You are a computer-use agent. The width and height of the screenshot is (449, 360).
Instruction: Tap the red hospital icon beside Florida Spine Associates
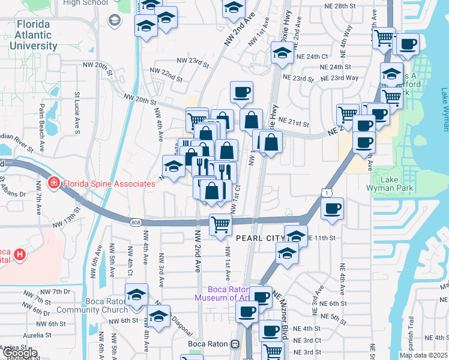coord(53,182)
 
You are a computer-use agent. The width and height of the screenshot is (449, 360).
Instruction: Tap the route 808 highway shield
coord(135,223)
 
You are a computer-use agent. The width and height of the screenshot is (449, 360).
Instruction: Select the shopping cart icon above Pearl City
coord(220,224)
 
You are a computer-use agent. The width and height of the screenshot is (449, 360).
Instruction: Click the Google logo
coord(19,353)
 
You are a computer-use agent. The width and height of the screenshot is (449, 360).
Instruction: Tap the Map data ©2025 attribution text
coord(422,355)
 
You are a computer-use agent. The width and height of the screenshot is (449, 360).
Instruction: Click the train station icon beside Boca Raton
coord(235,344)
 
